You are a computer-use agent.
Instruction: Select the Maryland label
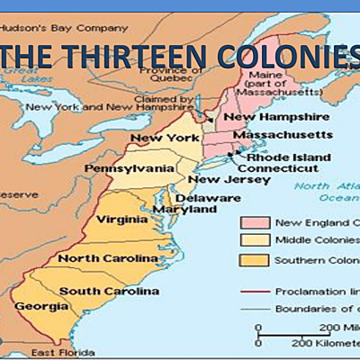196,209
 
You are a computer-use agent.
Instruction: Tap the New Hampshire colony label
262,117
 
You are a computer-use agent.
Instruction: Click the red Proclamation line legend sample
256,292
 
